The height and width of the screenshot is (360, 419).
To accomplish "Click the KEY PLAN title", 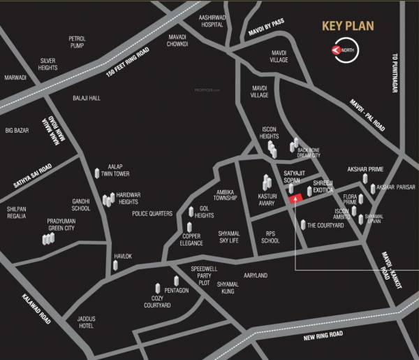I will (x=347, y=27).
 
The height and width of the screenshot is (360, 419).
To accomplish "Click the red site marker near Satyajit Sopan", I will (x=295, y=199).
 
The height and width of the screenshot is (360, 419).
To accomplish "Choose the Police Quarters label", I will (x=152, y=213).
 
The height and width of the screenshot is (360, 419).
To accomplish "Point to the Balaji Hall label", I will (x=87, y=99).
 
